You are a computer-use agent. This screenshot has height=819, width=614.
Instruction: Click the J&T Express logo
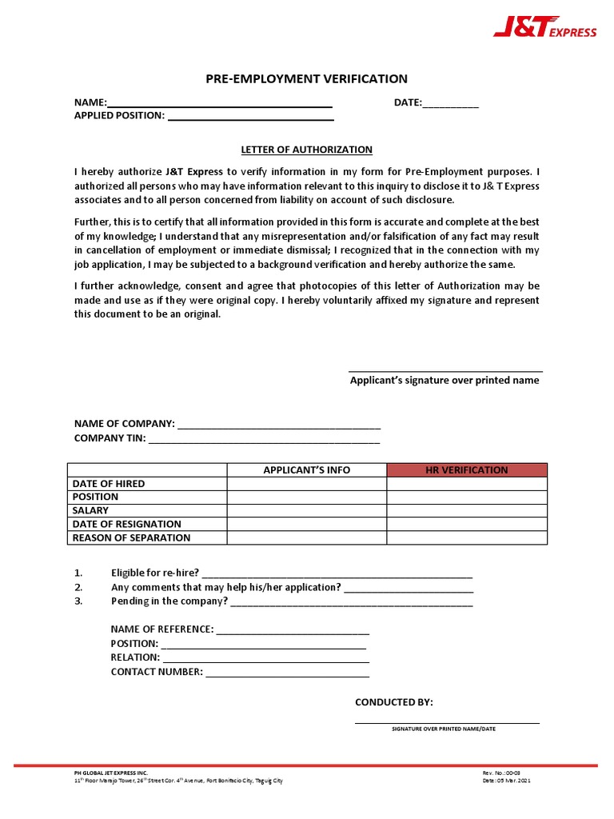pyautogui.click(x=544, y=30)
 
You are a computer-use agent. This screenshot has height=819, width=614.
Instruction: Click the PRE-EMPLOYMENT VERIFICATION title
pyautogui.click(x=307, y=78)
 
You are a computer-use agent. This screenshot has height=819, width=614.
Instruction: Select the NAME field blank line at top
pyautogui.click(x=220, y=104)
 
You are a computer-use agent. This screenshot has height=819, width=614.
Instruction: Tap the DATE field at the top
pyautogui.click(x=450, y=104)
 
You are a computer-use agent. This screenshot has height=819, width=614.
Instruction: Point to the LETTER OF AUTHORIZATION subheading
pyautogui.click(x=307, y=150)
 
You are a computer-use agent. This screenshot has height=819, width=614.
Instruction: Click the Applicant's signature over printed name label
pyautogui.click(x=445, y=381)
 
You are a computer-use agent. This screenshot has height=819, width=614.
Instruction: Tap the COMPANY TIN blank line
pyautogui.click(x=264, y=440)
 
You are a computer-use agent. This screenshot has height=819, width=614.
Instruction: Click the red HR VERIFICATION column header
pyautogui.click(x=467, y=470)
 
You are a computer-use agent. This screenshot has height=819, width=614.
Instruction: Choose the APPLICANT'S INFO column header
pyautogui.click(x=307, y=470)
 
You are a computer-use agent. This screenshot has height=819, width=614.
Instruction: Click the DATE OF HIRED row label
pyautogui.click(x=109, y=484)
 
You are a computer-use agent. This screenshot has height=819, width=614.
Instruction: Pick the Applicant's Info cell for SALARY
pyautogui.click(x=307, y=510)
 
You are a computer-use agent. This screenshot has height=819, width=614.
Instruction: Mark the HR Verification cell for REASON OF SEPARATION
pyautogui.click(x=467, y=537)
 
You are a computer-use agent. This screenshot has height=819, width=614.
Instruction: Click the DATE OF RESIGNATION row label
pyautogui.click(x=126, y=524)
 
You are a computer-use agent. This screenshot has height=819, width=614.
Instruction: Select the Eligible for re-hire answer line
pyautogui.click(x=337, y=574)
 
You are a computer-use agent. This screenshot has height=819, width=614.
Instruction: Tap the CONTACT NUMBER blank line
pyautogui.click(x=287, y=673)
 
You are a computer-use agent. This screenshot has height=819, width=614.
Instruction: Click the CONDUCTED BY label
pyautogui.click(x=394, y=702)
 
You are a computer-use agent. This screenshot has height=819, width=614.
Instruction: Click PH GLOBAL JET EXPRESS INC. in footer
pyautogui.click(x=111, y=773)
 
